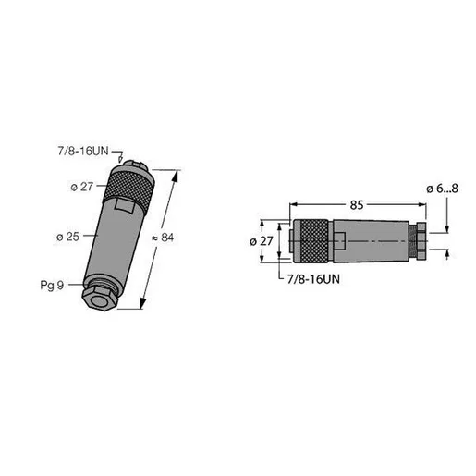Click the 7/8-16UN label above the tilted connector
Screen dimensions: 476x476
(x=83, y=151)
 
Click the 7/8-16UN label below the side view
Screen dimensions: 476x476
(x=313, y=279)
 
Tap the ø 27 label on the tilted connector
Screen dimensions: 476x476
(x=82, y=187)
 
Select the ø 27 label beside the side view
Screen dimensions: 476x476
(x=262, y=241)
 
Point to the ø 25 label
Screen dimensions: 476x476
(x=68, y=237)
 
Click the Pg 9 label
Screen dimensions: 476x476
(x=52, y=285)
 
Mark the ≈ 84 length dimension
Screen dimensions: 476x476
(x=163, y=238)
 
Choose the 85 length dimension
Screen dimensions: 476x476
(x=357, y=205)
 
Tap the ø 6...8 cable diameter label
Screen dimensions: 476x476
(x=442, y=189)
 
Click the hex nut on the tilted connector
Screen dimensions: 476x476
(x=98, y=299)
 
